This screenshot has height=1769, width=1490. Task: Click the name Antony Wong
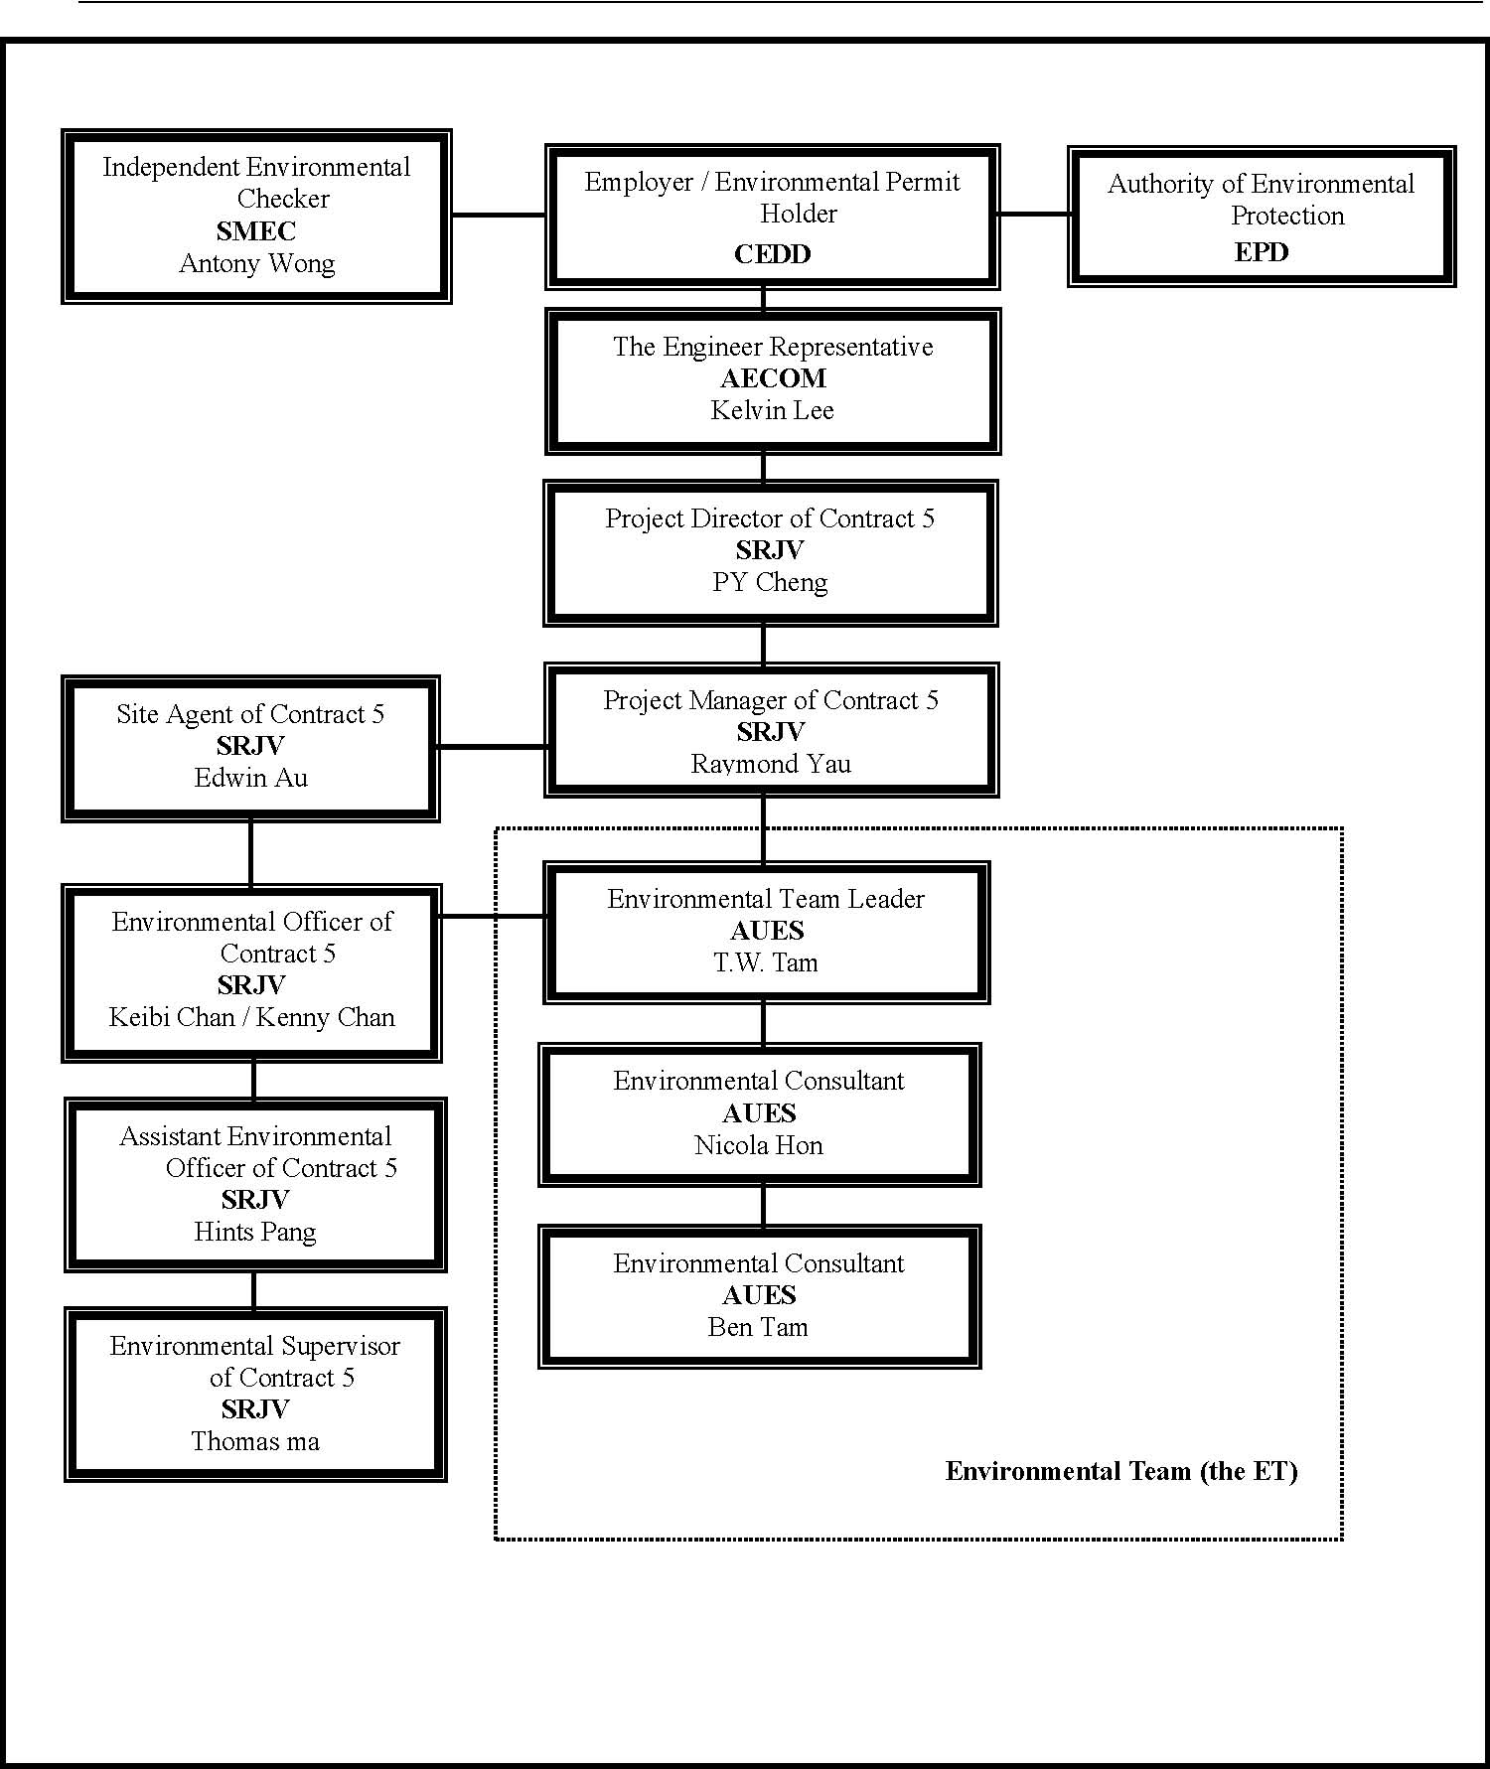click(x=257, y=264)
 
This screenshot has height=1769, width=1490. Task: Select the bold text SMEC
click(x=256, y=231)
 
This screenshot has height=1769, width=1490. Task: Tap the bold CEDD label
click(x=772, y=254)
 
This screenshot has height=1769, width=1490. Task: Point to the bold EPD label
click(x=1262, y=252)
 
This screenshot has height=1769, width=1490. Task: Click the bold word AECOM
click(x=773, y=378)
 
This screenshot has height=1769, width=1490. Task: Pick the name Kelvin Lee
click(x=772, y=410)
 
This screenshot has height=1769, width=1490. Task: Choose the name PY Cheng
click(x=770, y=582)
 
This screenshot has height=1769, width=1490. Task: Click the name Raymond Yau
click(x=771, y=764)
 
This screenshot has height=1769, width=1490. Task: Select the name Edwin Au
click(x=250, y=778)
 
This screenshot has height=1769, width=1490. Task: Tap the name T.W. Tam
click(x=766, y=962)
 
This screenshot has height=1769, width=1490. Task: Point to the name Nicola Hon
click(x=759, y=1145)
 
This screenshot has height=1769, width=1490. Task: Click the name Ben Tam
click(x=758, y=1327)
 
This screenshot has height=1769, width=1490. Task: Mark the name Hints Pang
click(x=255, y=1233)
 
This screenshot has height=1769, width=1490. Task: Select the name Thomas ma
click(x=255, y=1441)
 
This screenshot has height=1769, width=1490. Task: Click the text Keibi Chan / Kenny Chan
click(x=251, y=1018)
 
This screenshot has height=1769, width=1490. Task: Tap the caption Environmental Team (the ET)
click(x=1121, y=1471)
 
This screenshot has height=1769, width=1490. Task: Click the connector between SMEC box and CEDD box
click(x=499, y=215)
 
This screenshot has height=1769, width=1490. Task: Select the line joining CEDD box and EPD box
click(x=1034, y=214)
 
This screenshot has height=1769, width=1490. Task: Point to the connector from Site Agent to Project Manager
click(x=492, y=747)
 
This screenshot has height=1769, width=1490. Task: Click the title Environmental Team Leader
click(x=766, y=899)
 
